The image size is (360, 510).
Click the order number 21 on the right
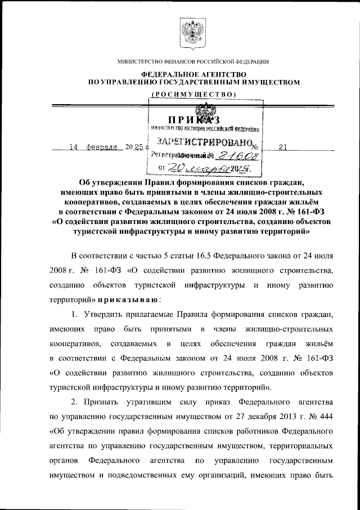pos(282,147)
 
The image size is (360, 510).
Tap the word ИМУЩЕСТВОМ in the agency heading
pos(268,83)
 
